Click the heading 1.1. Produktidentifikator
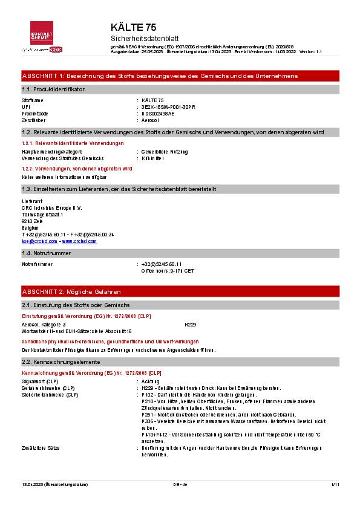pyautogui.click(x=53, y=89)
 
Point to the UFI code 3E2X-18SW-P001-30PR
pyautogui.click(x=169, y=106)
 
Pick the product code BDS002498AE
pyautogui.click(x=157, y=113)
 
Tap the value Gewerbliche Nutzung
pyautogui.click(x=164, y=151)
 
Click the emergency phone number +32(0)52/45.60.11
pyautogui.click(x=162, y=264)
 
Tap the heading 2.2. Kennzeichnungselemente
pyautogui.click(x=61, y=362)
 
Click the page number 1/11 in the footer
pyautogui.click(x=335, y=484)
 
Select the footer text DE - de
pyautogui.click(x=180, y=484)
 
